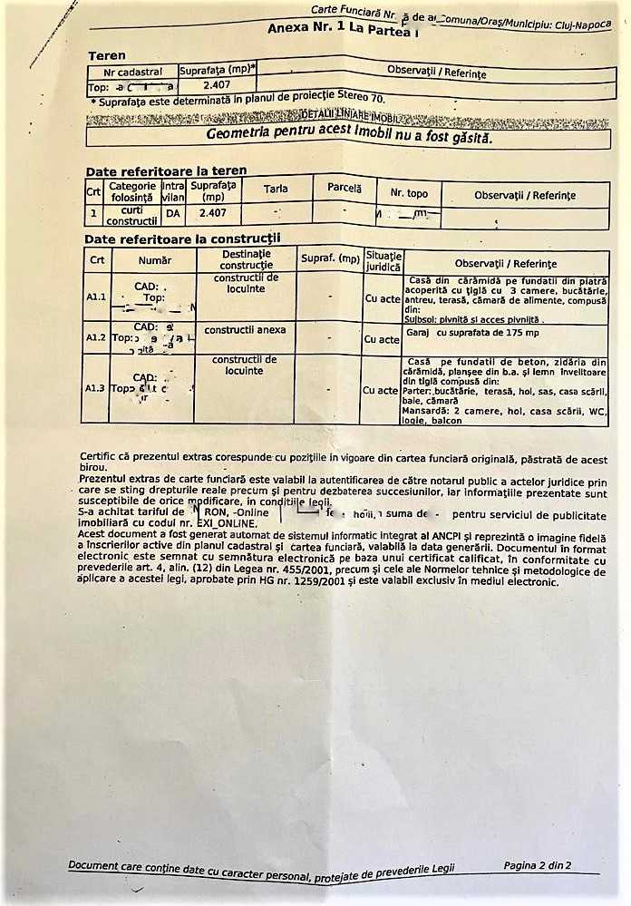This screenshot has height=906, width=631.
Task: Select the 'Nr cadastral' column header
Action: click(132, 72)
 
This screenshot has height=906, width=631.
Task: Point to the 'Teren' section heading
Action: click(107, 56)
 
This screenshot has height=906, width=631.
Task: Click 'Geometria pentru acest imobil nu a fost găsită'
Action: click(348, 136)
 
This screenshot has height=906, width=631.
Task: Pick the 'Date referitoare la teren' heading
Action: click(165, 171)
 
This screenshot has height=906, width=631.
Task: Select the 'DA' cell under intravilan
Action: click(172, 213)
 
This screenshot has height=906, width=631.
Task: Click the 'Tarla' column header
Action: click(276, 189)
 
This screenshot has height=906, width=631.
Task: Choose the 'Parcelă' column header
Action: click(344, 188)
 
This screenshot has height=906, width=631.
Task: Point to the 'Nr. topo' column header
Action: click(409, 193)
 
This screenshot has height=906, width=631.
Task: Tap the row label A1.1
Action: click(96, 297)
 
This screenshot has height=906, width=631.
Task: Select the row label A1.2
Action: click(96, 337)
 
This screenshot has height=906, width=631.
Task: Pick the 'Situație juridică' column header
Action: click(383, 261)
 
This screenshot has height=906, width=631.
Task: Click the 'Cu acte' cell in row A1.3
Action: click(382, 390)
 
